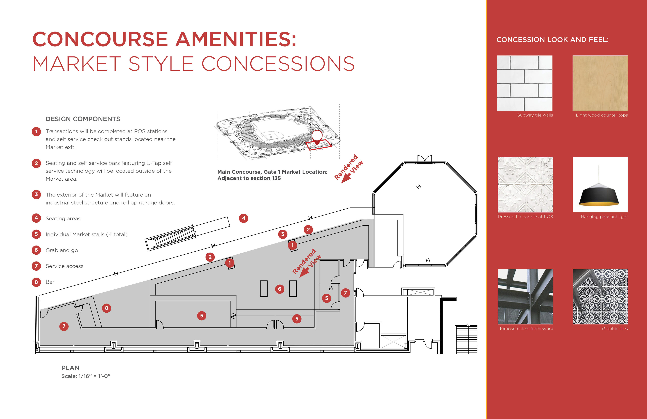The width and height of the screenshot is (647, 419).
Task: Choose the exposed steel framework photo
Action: click(525, 297)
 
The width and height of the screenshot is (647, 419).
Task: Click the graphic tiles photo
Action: click(600, 297)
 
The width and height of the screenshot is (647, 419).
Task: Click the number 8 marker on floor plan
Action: click(106, 308)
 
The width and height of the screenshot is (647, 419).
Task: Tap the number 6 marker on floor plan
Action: click(280, 289)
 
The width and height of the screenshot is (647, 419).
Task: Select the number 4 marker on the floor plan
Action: click(243, 218)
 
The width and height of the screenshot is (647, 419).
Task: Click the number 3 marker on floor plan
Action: click(283, 234)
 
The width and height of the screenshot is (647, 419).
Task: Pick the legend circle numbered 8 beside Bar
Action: click(36, 282)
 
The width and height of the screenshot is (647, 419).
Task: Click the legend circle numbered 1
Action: click(36, 132)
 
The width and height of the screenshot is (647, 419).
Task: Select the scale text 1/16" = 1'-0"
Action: click(94, 376)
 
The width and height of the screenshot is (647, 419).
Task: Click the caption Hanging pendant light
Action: click(604, 217)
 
